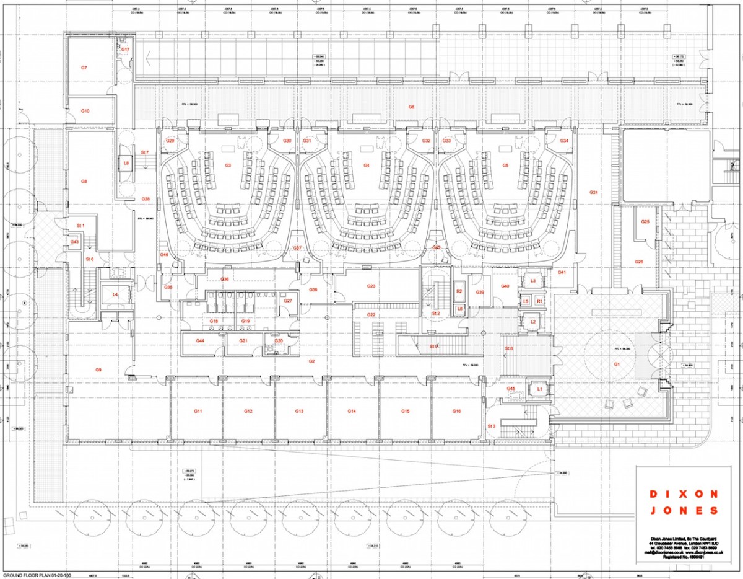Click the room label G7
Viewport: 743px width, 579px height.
[84, 67]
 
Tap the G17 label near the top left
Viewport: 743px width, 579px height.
[124, 49]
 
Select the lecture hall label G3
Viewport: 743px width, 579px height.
[228, 166]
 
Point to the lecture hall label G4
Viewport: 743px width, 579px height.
[367, 166]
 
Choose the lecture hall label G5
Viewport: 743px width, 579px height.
[505, 166]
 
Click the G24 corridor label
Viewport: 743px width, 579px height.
[593, 193]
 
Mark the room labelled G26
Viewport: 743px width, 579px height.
[639, 262]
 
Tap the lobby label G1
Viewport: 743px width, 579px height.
[617, 365]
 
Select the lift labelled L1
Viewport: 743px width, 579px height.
[539, 389]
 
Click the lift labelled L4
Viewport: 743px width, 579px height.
[115, 294]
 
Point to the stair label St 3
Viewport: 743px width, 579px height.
[492, 426]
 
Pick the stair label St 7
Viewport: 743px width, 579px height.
[145, 152]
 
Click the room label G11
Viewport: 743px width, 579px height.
[198, 411]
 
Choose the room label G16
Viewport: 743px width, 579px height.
[456, 411]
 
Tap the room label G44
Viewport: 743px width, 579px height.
[200, 341]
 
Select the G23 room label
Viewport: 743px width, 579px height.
[371, 286]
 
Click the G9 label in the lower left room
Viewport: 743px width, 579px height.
[98, 369]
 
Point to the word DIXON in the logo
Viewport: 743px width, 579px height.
[684, 494]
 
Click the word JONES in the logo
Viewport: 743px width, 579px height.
[684, 511]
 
